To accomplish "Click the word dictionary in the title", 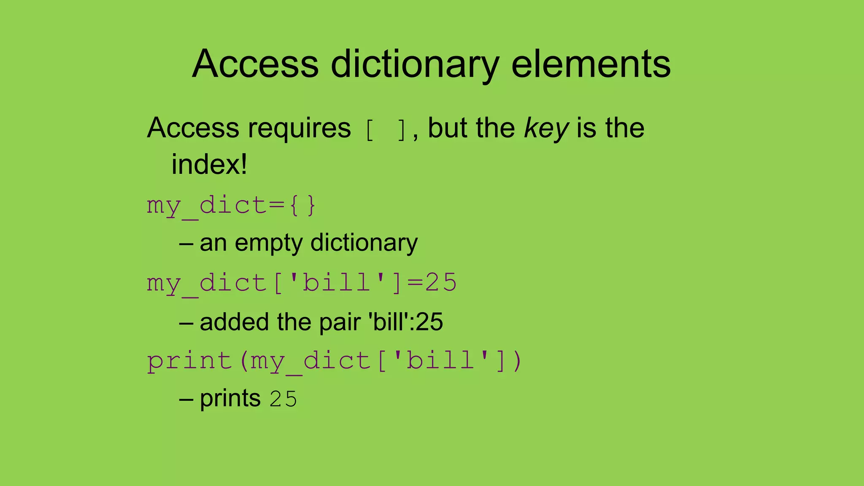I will [415, 64].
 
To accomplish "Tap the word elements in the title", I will [591, 64].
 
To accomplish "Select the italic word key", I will [546, 128].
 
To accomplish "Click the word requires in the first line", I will [299, 128].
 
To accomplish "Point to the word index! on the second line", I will [209, 165].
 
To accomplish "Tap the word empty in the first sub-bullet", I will [268, 243].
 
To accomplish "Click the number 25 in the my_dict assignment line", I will [441, 283].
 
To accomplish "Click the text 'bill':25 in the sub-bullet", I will [406, 322].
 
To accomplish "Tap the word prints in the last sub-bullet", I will [230, 399].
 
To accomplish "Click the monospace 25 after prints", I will [283, 399].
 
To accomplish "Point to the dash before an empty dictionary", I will [186, 244].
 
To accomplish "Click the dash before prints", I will [186, 399].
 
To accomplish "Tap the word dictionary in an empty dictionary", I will [364, 243].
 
